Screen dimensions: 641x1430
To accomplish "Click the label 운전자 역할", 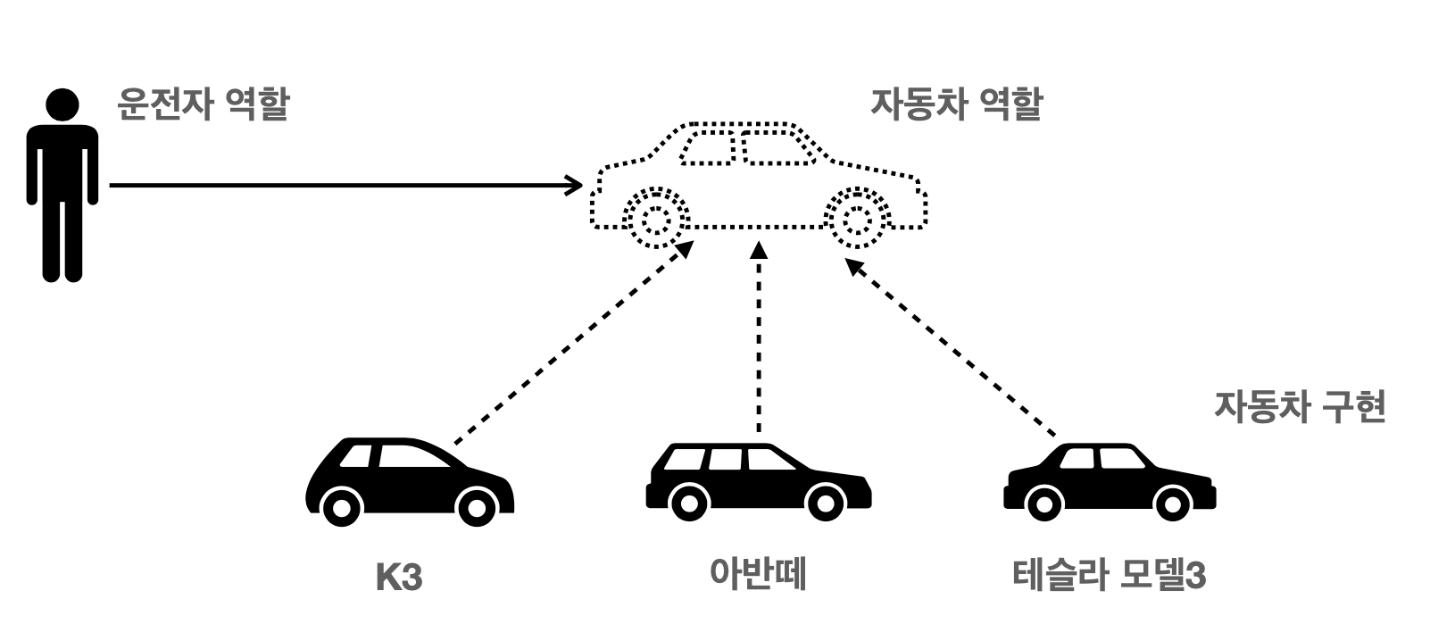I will (x=204, y=104).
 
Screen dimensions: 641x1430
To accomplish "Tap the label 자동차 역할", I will (x=956, y=104).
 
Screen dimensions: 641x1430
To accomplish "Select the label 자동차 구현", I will (x=1299, y=407).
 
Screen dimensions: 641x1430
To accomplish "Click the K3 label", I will (x=398, y=578).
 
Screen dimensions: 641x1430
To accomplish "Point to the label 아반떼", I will (x=758, y=573).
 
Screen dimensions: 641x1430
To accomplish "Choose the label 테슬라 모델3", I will (x=1110, y=576).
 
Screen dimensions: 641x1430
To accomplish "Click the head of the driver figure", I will (x=62, y=104).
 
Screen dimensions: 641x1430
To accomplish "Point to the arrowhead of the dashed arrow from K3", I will (x=686, y=247).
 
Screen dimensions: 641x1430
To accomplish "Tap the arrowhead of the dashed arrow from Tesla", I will (x=852, y=265).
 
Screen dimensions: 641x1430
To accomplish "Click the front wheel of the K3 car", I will (x=476, y=508).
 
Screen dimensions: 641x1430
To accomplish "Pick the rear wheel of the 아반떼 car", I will (x=688, y=503).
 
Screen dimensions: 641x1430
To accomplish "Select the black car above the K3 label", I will (x=409, y=479).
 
